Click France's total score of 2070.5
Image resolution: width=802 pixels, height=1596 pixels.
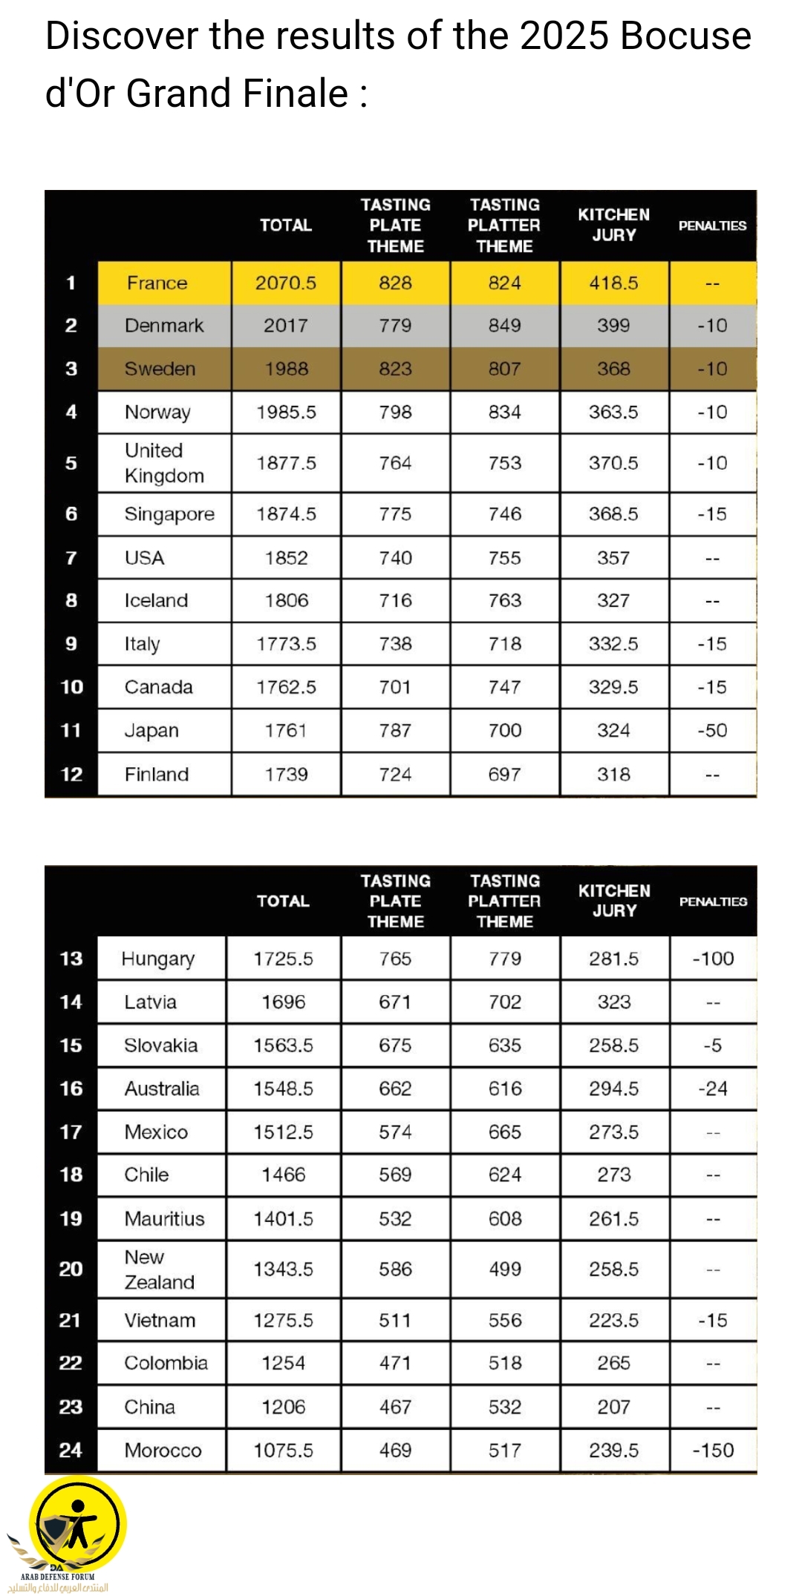tap(286, 283)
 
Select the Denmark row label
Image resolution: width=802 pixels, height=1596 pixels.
tap(163, 326)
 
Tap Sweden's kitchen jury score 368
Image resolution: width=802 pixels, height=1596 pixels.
tap(613, 369)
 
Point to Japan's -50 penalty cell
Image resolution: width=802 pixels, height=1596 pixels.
tap(712, 731)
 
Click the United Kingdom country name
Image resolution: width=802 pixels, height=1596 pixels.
tap(164, 463)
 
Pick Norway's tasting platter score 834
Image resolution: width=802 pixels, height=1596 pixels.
tap(504, 413)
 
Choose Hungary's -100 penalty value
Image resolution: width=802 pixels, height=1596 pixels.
tap(713, 959)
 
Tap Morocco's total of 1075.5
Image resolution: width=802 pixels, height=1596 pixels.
tap(284, 1451)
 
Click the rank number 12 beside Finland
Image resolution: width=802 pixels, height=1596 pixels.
tap(71, 775)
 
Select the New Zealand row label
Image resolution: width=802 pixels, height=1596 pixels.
tap(159, 1270)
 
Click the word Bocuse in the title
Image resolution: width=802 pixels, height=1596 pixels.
tap(685, 36)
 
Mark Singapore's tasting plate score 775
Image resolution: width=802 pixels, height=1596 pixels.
tap(395, 514)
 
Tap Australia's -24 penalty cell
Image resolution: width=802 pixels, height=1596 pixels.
tap(713, 1088)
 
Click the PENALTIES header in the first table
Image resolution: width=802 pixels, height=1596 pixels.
tap(712, 226)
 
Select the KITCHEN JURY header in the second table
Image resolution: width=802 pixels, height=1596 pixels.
tap(614, 901)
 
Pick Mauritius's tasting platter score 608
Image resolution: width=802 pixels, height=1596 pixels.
tap(505, 1219)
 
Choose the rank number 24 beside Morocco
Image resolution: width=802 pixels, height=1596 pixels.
tap(71, 1451)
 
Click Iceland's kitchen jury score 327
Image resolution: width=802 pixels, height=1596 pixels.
tap(613, 601)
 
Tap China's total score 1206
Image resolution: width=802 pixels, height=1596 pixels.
tap(284, 1408)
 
